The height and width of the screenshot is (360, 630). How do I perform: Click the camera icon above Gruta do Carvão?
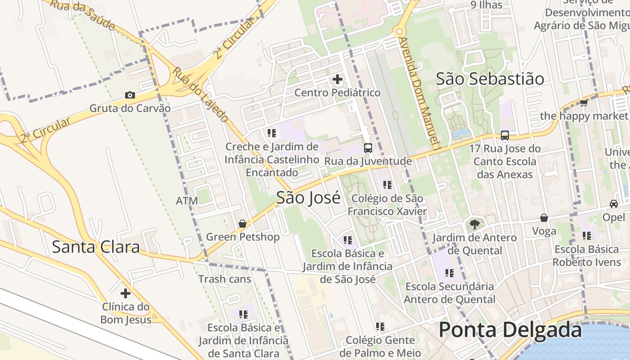(x=130, y=95)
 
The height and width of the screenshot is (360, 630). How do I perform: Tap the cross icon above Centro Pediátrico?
(x=337, y=80)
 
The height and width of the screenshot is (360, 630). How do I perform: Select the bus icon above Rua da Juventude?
(x=368, y=148)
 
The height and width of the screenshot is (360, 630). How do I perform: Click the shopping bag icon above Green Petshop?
(x=243, y=224)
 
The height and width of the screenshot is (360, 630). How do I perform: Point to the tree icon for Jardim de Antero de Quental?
(x=474, y=224)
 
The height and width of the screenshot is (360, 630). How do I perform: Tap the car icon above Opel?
(x=614, y=203)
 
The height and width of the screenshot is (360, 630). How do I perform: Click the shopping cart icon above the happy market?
(x=584, y=103)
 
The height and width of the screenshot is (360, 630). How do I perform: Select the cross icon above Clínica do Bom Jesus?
(x=126, y=293)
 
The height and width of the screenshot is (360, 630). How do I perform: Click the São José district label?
(x=308, y=198)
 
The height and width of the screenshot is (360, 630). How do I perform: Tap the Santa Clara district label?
(x=96, y=247)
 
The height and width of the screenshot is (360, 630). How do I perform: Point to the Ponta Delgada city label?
(x=510, y=330)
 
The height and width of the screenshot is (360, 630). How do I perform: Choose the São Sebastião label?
(x=490, y=79)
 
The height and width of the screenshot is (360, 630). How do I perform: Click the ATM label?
(x=187, y=201)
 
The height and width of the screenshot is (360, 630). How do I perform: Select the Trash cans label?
(x=225, y=279)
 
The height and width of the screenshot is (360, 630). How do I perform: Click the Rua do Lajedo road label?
(x=201, y=95)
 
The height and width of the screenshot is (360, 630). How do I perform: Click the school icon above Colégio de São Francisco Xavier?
(x=387, y=184)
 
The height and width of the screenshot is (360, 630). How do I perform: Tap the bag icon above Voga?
(x=544, y=218)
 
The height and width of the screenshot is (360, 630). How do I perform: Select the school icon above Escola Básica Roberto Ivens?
(x=587, y=235)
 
